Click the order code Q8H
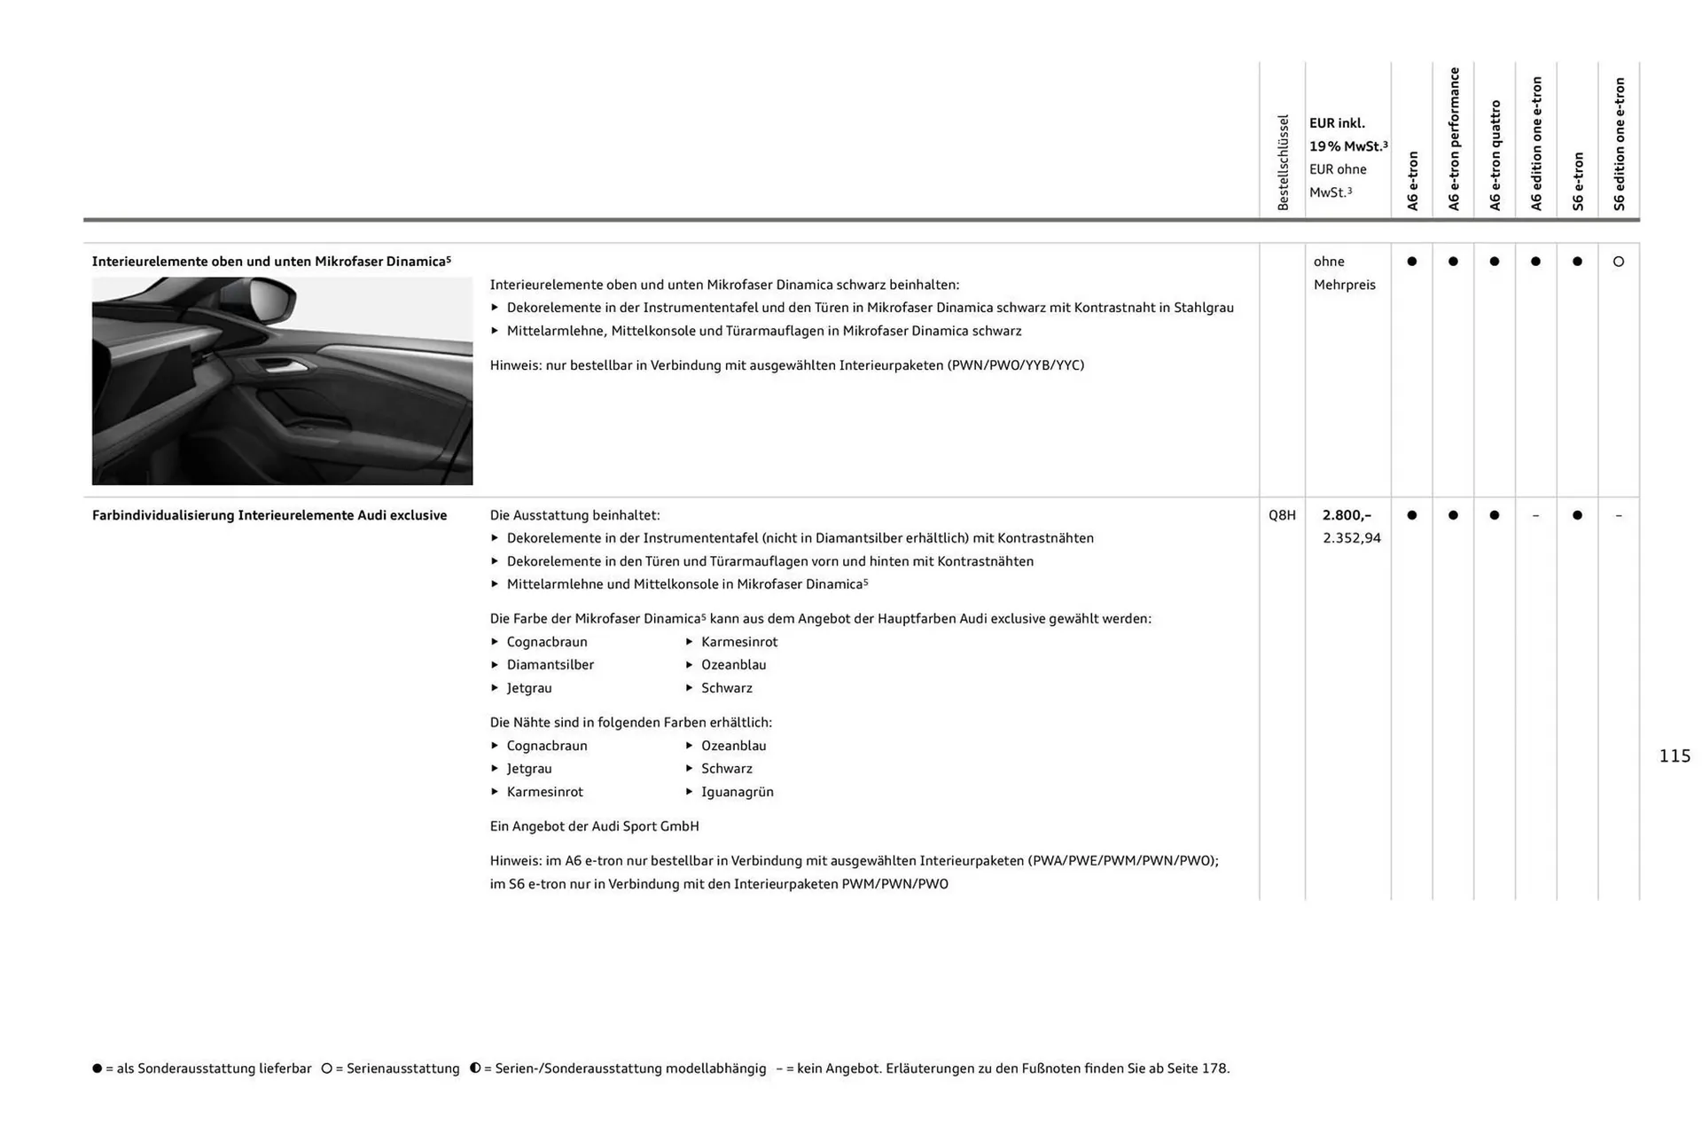(x=1282, y=515)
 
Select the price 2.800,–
(x=1346, y=515)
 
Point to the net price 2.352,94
(x=1351, y=538)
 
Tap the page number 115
(x=1675, y=756)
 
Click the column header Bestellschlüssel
(x=1283, y=162)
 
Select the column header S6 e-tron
(x=1578, y=181)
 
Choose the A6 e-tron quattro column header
(x=1495, y=155)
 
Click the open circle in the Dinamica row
(x=1619, y=262)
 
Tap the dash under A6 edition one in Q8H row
(x=1536, y=516)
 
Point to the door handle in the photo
(x=281, y=365)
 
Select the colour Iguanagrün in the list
(x=737, y=792)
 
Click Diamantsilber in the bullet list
(x=550, y=665)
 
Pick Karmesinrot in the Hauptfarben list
(x=738, y=642)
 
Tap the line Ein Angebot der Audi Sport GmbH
(x=594, y=826)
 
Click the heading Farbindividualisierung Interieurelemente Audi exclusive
(x=269, y=515)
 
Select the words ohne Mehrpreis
(x=1344, y=273)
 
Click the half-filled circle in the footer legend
(x=475, y=1068)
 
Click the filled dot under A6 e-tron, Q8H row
(x=1412, y=515)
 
